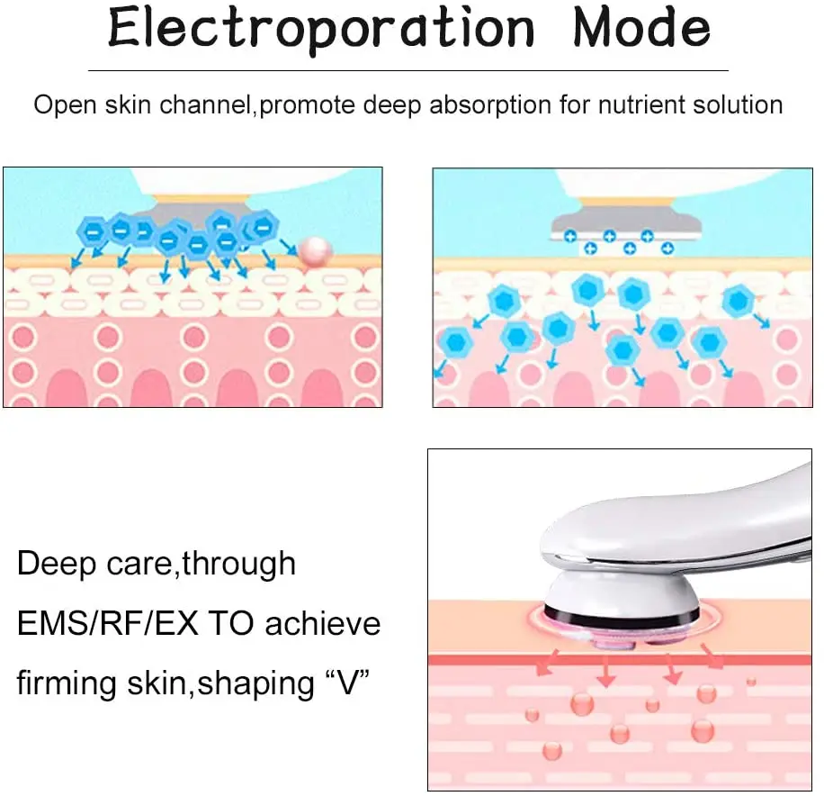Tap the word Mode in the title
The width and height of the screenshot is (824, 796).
(641, 30)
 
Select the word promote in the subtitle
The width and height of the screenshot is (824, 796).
(311, 104)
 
